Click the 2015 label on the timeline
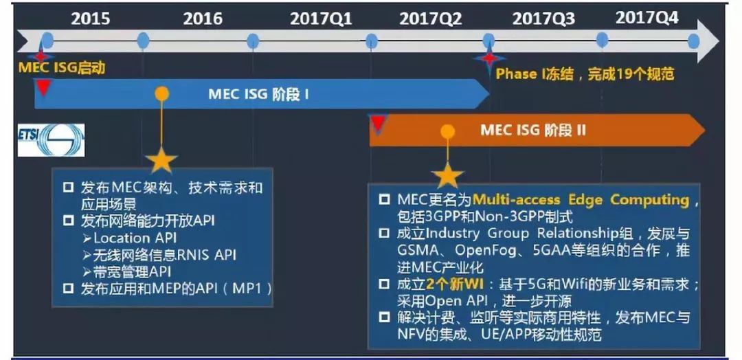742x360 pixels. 91,19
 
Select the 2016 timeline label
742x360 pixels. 203,19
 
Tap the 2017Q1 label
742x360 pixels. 322,19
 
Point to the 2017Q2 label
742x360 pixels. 431,19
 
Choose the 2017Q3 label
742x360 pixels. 543,19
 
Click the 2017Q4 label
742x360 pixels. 647,18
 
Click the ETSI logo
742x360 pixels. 51,140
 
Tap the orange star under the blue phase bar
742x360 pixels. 161,160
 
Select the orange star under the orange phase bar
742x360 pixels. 447,175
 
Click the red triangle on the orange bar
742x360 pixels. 378,123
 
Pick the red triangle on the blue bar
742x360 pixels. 43,87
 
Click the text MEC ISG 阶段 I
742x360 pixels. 258,94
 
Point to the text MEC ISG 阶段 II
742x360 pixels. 533,130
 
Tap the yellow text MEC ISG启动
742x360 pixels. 62,68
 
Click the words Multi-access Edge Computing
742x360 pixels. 581,200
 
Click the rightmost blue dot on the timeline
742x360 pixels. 694,41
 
